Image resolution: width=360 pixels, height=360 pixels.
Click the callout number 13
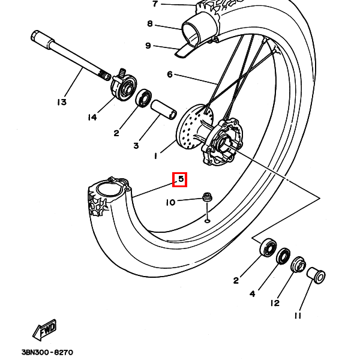(x=62, y=102)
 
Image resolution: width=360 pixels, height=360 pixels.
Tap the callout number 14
(x=92, y=118)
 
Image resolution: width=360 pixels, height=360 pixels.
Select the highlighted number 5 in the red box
(x=180, y=179)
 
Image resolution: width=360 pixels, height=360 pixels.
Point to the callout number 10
(x=171, y=203)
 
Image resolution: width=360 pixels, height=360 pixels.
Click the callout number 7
(x=155, y=4)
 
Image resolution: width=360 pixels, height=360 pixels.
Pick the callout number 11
(x=298, y=316)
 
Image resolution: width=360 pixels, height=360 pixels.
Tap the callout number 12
(x=274, y=303)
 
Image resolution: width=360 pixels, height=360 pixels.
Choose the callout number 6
(x=169, y=74)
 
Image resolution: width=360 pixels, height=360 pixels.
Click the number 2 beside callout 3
(x=117, y=133)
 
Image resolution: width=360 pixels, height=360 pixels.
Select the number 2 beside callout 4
(x=236, y=280)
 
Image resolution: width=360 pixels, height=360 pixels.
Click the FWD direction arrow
(x=45, y=329)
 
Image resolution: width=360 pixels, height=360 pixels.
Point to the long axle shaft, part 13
(x=69, y=55)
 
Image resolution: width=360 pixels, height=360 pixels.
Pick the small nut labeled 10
(x=207, y=196)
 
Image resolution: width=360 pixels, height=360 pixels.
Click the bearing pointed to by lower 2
(x=266, y=247)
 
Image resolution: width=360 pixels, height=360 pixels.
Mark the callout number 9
(x=148, y=45)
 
